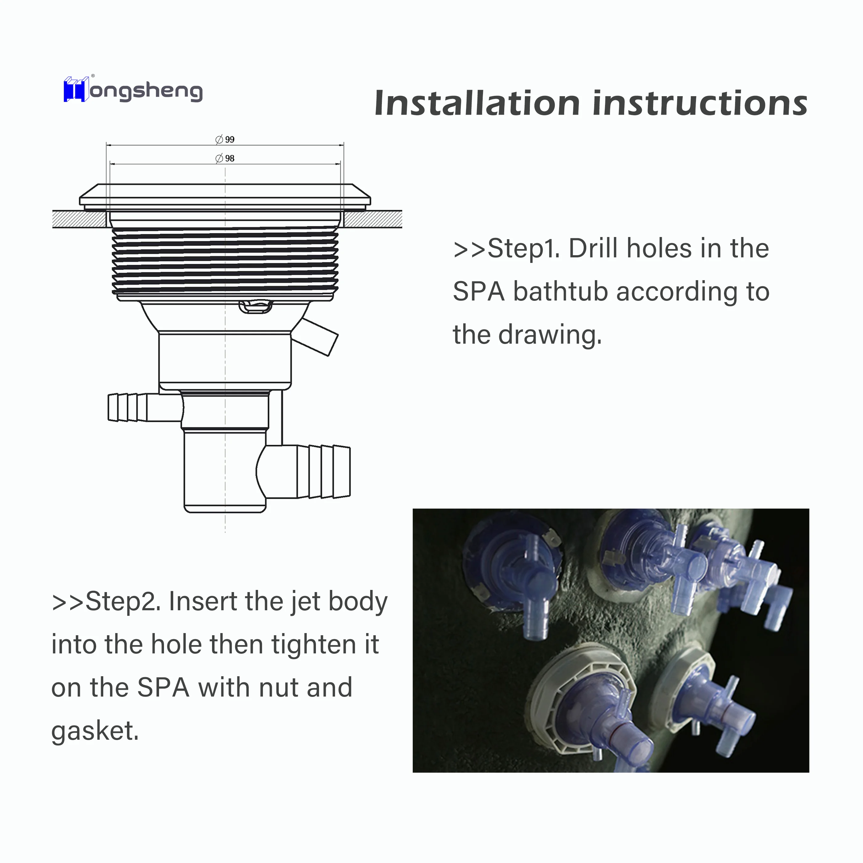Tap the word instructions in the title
pos(700,103)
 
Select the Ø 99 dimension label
pos(225,139)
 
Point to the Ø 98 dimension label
pos(225,158)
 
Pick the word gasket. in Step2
pos(95,731)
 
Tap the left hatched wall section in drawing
pos(80,219)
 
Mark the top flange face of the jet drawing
pos(225,195)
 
